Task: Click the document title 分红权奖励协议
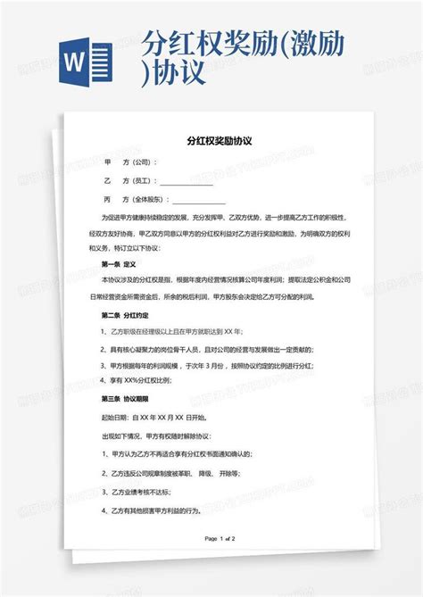pyautogui.click(x=219, y=141)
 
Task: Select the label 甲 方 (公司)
pyautogui.click(x=130, y=162)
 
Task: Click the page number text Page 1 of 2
pyautogui.click(x=220, y=539)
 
